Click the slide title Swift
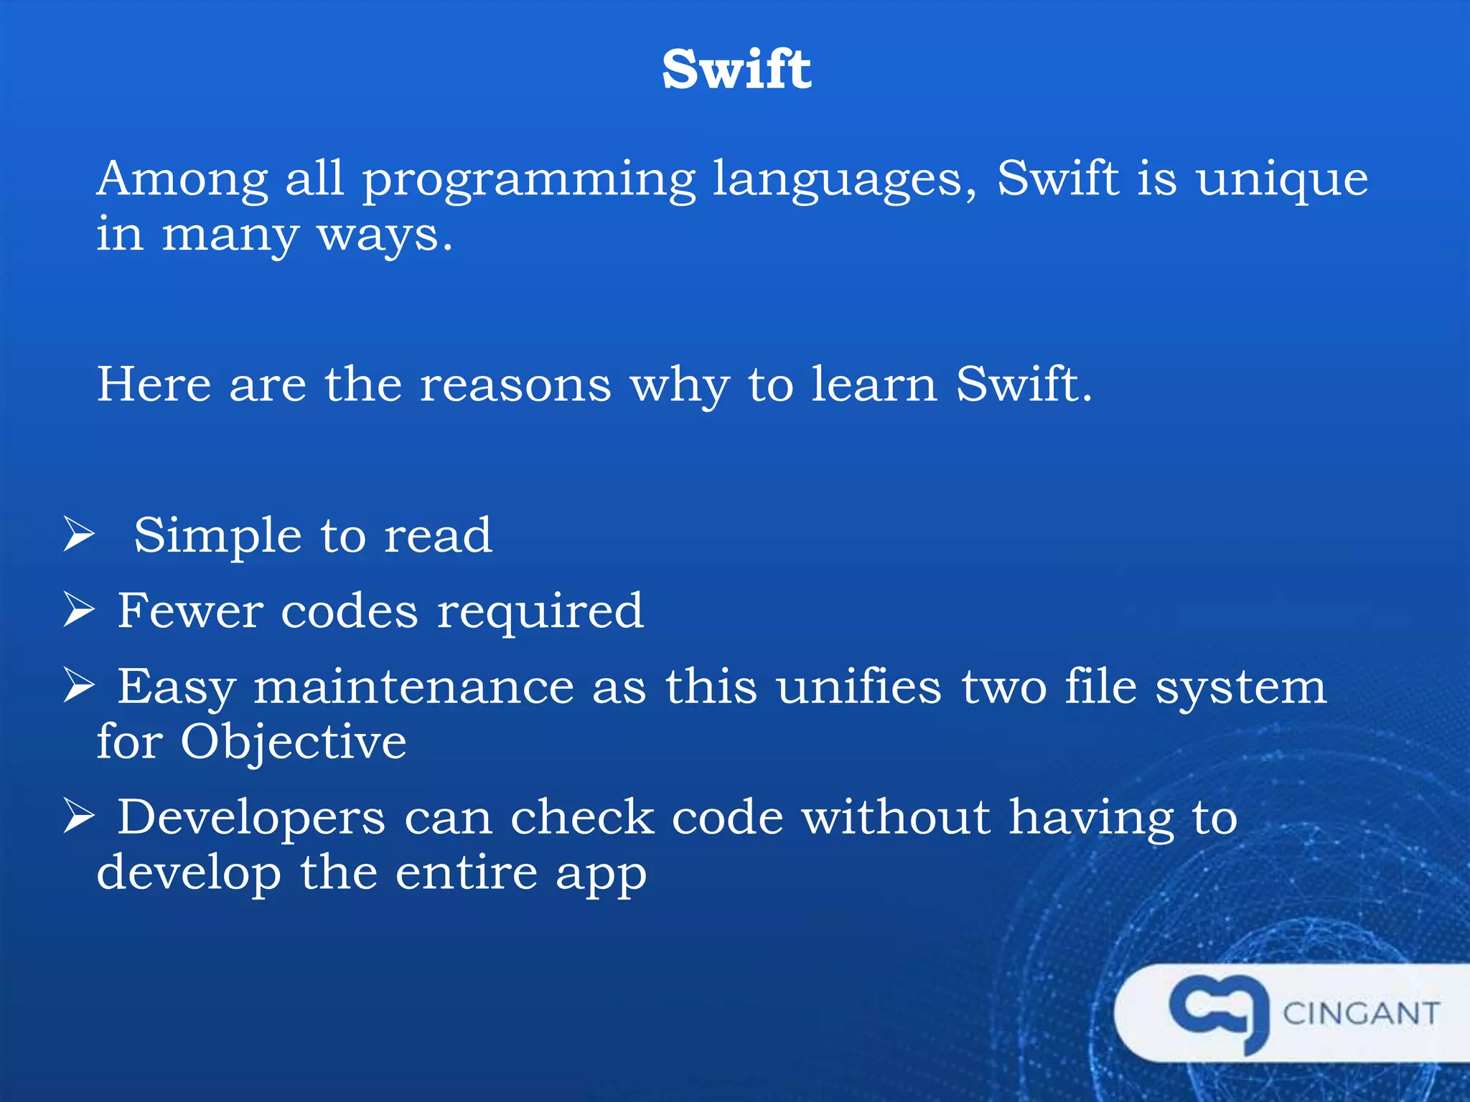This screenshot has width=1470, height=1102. click(736, 70)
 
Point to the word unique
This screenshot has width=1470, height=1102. click(1282, 179)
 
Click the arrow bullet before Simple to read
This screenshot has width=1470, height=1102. click(79, 535)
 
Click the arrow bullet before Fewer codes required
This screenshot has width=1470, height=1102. click(79, 610)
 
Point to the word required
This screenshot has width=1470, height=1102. click(540, 612)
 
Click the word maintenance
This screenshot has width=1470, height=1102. click(414, 687)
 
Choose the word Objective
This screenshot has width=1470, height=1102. click(293, 743)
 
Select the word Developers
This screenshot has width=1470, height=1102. click(251, 819)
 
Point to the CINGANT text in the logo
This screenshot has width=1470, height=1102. click(1361, 1014)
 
